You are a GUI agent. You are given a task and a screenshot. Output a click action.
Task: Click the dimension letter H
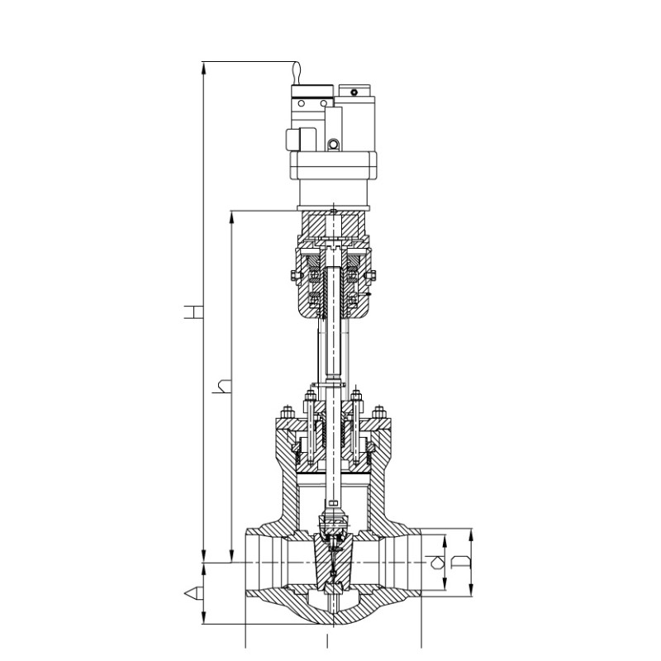pyautogui.click(x=193, y=312)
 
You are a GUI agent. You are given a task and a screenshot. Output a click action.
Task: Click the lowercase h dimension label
pyautogui.click(x=222, y=387)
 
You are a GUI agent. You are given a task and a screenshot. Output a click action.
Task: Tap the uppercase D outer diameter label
pyautogui.click(x=460, y=562)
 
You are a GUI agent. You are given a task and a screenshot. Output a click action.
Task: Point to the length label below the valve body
pyautogui.click(x=326, y=640)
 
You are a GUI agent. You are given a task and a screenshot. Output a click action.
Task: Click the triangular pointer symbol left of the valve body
pyautogui.click(x=193, y=593)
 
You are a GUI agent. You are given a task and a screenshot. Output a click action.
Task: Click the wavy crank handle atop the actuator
pyautogui.click(x=297, y=73)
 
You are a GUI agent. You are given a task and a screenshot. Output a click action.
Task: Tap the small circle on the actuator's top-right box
pyautogui.click(x=354, y=93)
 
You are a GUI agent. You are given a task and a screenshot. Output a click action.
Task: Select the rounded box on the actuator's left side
pyautogui.click(x=301, y=140)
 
